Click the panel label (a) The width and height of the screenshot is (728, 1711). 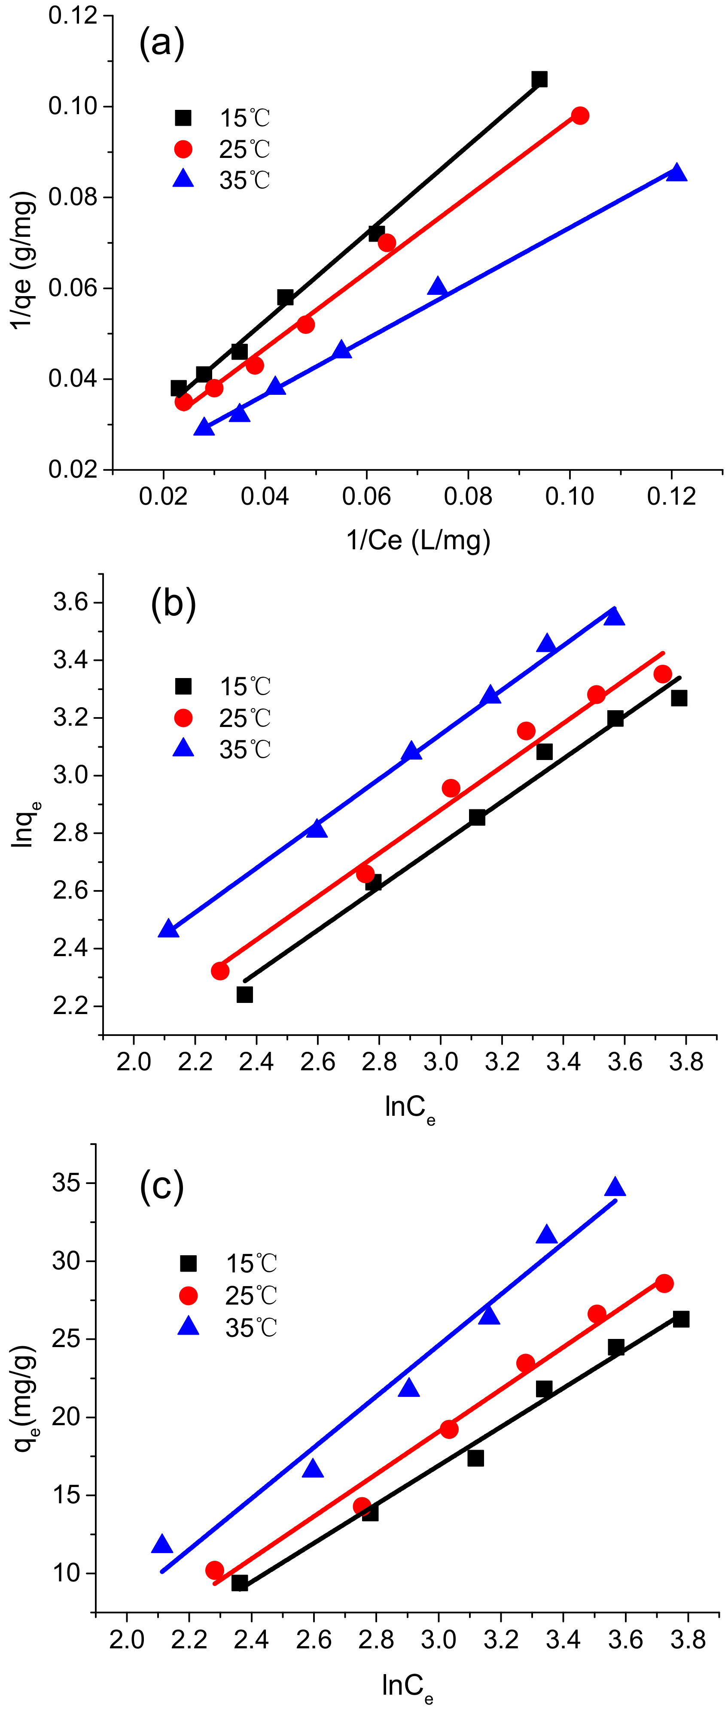(x=161, y=44)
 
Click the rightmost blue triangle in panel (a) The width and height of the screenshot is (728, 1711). (x=676, y=173)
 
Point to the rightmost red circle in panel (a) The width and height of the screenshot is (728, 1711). (x=580, y=115)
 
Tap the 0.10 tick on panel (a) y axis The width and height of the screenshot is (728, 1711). (x=73, y=106)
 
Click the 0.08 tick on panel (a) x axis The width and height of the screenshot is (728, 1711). (x=468, y=496)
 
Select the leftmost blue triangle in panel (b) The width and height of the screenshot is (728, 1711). (x=169, y=929)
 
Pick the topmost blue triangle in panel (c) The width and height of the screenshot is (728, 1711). (x=615, y=1187)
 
